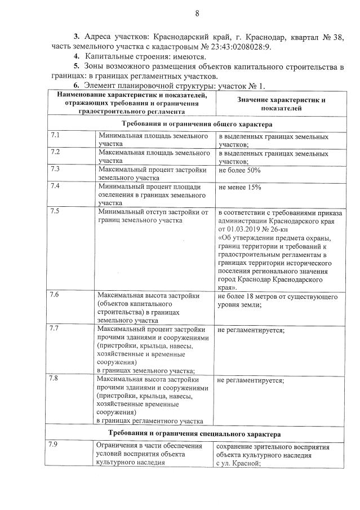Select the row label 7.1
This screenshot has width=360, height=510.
pyautogui.click(x=55, y=136)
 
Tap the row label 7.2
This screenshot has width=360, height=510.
pyautogui.click(x=55, y=152)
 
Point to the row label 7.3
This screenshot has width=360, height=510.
pyautogui.click(x=55, y=168)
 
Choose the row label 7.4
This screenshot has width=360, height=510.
pyautogui.click(x=55, y=186)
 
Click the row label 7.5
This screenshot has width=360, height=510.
pyautogui.click(x=55, y=211)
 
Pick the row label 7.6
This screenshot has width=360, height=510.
pyautogui.click(x=55, y=295)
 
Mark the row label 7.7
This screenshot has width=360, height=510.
pyautogui.click(x=55, y=328)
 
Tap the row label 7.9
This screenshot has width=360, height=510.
pyautogui.click(x=55, y=446)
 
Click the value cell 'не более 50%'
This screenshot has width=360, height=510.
pyautogui.click(x=239, y=169)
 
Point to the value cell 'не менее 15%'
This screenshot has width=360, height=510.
pyautogui.click(x=239, y=187)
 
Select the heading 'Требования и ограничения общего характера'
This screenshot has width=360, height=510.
pyautogui.click(x=197, y=123)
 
